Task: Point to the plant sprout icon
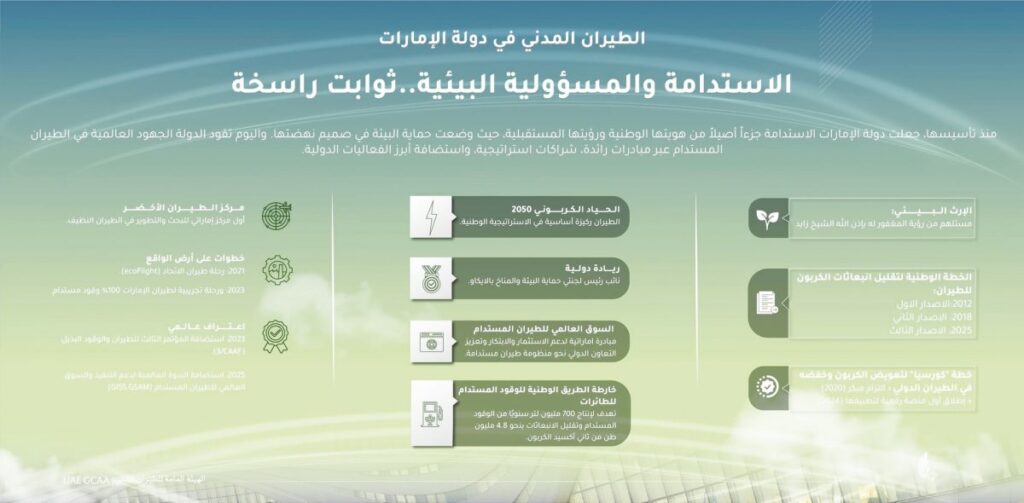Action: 768,217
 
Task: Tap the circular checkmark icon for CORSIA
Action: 768,386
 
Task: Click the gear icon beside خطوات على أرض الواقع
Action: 277,270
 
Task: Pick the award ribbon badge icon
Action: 277,333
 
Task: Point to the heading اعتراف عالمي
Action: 214,326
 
